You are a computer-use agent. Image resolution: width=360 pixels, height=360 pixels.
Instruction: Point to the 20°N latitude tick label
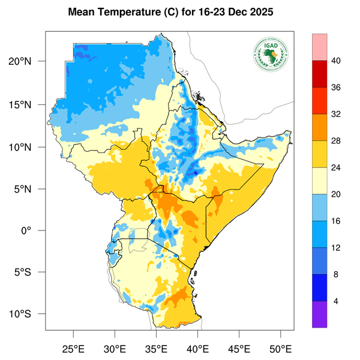pos(28,62)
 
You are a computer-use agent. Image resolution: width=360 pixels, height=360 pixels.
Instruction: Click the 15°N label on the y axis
pos(28,104)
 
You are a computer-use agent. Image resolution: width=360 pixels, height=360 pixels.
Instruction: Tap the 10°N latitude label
pos(28,147)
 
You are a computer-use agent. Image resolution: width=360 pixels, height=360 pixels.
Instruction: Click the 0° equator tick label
pos(35,231)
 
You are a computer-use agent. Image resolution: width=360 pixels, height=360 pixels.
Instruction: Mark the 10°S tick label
pos(28,314)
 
